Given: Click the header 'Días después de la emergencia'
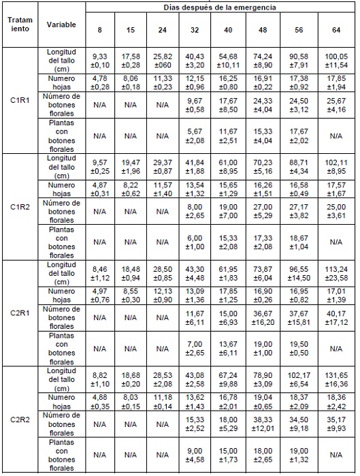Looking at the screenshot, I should (x=220, y=7).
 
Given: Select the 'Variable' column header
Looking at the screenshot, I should (x=61, y=25).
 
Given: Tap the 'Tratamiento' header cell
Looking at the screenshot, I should (x=20, y=25).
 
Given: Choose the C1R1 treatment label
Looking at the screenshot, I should (x=20, y=100).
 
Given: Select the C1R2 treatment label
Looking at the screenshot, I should (x=20, y=206).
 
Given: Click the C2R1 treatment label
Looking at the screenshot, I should (x=20, y=313).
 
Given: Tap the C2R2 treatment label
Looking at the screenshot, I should (x=20, y=419).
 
